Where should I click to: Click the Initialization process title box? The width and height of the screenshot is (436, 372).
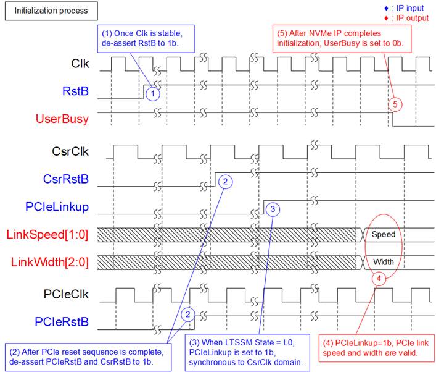click(51, 11)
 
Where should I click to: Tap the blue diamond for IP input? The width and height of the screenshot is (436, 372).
click(386, 9)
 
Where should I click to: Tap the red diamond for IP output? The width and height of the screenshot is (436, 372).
click(386, 19)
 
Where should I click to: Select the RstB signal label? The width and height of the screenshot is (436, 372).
click(75, 91)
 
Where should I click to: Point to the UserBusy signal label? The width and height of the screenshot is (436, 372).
click(62, 119)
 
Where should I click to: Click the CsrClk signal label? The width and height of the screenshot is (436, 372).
click(70, 151)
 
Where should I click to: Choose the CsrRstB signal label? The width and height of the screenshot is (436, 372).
click(65, 179)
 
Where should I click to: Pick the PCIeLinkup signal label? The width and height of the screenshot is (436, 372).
click(57, 207)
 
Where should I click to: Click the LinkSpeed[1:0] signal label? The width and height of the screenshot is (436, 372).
click(47, 234)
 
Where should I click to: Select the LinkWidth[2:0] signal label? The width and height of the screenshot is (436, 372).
click(49, 262)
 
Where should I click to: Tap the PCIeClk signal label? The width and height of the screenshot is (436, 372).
click(66, 294)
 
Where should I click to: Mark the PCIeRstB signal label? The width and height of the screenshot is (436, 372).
click(62, 322)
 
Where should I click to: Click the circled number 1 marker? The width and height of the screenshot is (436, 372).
click(153, 94)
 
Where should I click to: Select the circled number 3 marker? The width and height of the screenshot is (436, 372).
click(273, 209)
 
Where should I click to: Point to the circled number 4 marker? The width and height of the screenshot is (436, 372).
click(379, 278)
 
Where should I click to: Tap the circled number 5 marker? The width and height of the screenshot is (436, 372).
click(395, 104)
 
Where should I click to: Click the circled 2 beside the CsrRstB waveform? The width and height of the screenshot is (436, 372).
click(225, 182)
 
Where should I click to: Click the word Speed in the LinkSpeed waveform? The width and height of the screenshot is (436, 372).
click(384, 234)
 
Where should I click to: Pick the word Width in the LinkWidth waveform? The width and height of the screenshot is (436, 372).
click(384, 262)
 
